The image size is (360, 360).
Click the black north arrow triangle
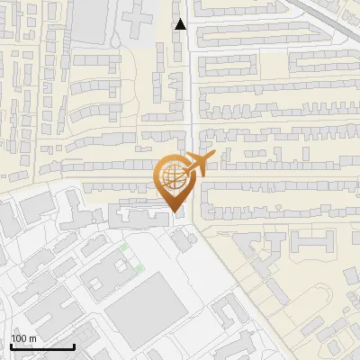181,24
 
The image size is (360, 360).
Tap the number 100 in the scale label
20,338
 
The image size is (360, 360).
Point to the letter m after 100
32,338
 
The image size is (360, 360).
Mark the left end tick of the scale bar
11,346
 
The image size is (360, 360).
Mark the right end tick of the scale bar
73,346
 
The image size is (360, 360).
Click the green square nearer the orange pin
124,246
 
